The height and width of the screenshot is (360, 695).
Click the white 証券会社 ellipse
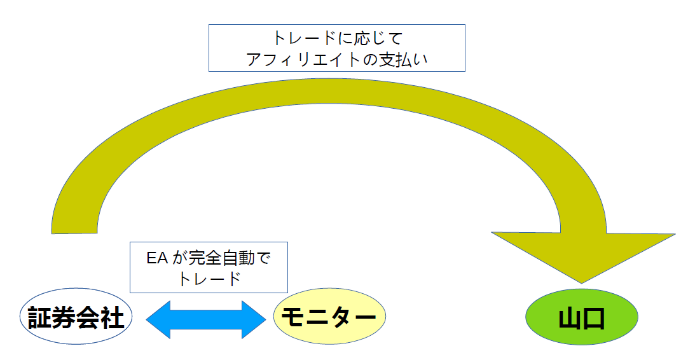(x=76, y=316)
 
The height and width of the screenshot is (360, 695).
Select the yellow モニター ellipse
(x=329, y=316)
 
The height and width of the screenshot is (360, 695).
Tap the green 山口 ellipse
(x=582, y=317)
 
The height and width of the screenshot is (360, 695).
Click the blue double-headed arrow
(x=205, y=319)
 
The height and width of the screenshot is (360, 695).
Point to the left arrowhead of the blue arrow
(x=158, y=319)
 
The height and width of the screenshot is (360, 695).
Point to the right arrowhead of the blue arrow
(x=254, y=319)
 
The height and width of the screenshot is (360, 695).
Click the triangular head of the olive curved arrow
(x=582, y=253)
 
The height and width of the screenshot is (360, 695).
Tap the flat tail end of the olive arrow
(x=74, y=232)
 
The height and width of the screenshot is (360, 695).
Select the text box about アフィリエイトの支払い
(x=337, y=48)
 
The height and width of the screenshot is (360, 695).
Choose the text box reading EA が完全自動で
(x=209, y=267)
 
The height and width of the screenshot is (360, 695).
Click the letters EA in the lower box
(x=157, y=258)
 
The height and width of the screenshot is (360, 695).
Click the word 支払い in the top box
(x=403, y=59)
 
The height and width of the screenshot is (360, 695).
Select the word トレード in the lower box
(x=209, y=279)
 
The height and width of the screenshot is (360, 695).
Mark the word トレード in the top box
(x=304, y=38)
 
